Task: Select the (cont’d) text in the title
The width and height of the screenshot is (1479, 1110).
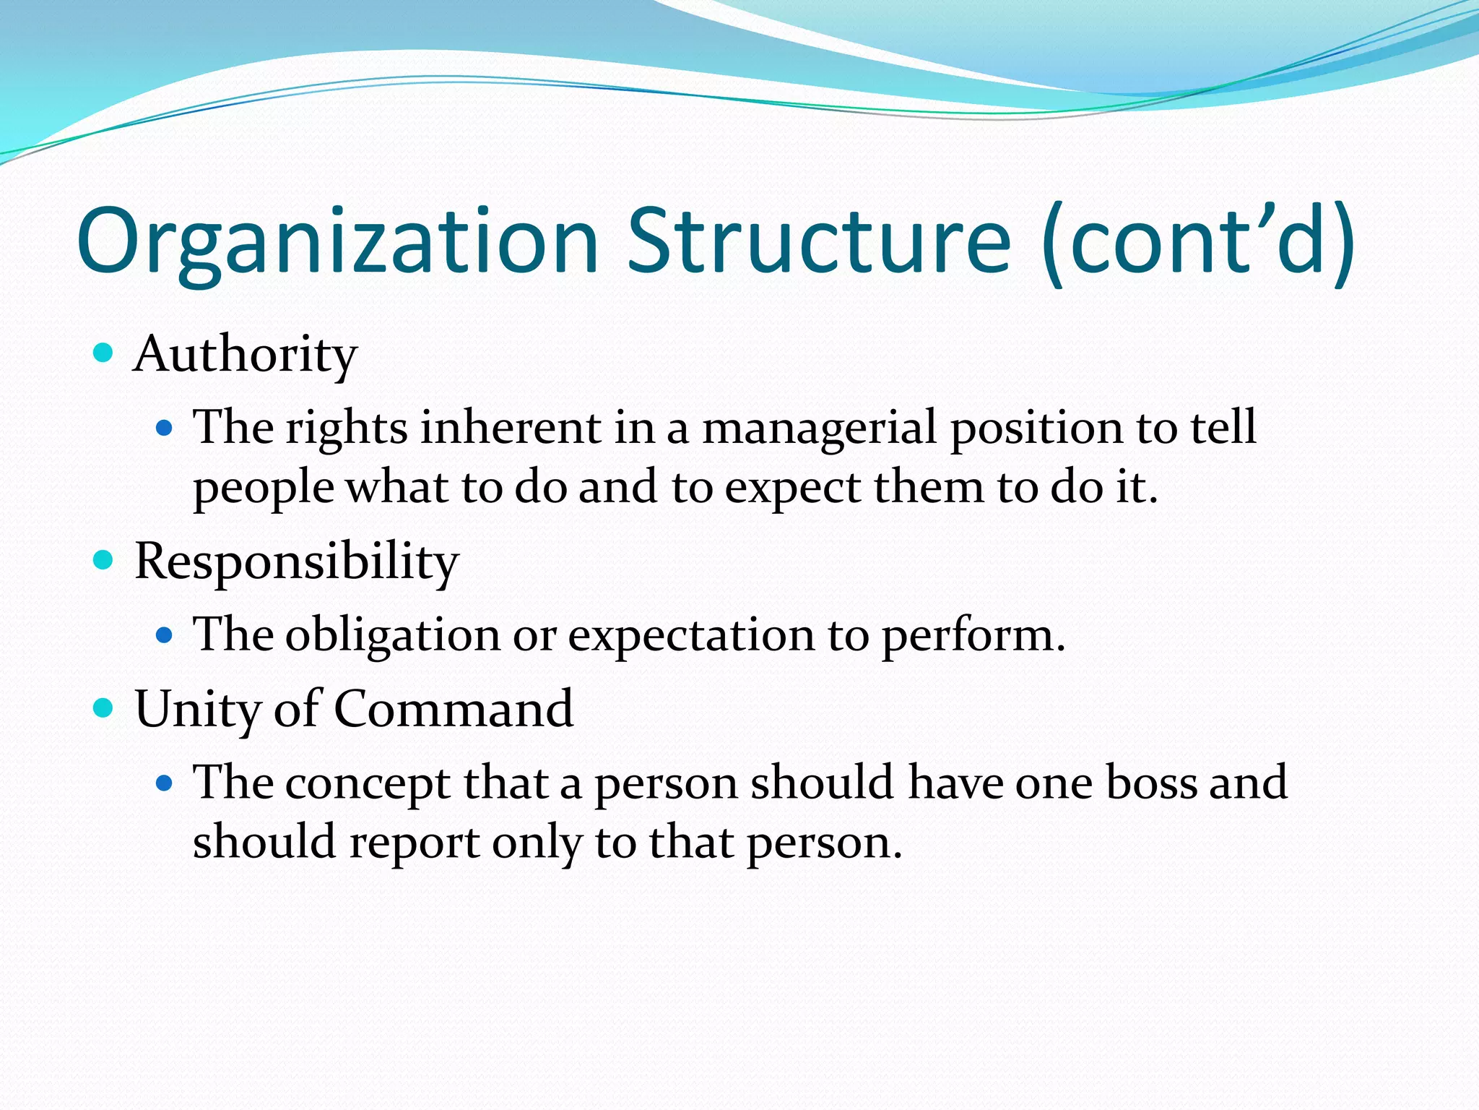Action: coord(1198,242)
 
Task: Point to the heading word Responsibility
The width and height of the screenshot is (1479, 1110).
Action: coord(296,562)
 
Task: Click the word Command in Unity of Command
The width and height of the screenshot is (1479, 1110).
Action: coord(454,708)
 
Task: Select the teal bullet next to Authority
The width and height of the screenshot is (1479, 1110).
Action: coord(104,353)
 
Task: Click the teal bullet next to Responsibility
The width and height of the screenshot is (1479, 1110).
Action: coord(104,560)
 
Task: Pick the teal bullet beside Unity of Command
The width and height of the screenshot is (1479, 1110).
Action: coord(104,707)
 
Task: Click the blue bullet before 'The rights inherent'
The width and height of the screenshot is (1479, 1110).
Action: coord(165,429)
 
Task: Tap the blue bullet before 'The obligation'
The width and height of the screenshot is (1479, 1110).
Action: coord(165,635)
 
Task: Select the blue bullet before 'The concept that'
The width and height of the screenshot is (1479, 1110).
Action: coord(165,783)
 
